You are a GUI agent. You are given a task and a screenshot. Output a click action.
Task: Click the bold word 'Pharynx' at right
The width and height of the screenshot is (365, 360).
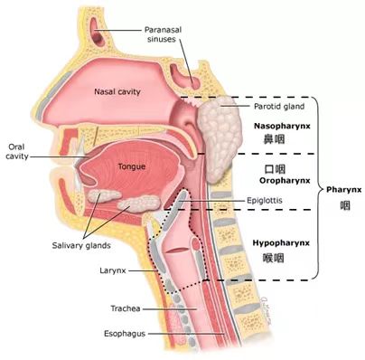pos(342,191)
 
